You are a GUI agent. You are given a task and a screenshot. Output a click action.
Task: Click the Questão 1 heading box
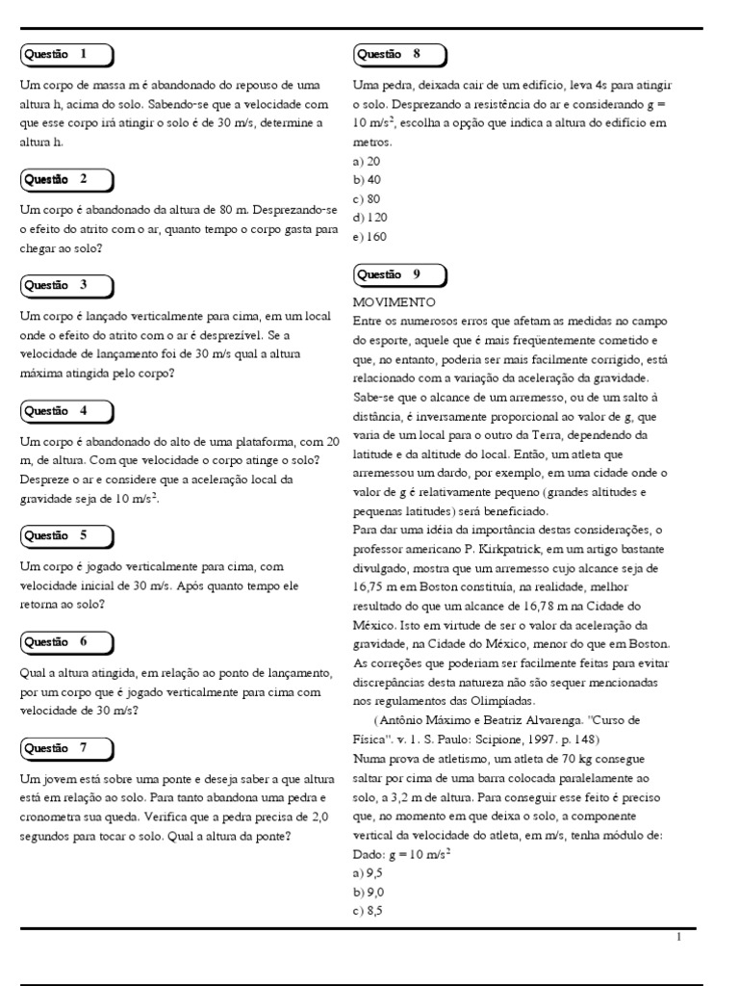coord(65,54)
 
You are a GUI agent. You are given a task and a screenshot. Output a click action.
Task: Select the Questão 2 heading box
coord(65,179)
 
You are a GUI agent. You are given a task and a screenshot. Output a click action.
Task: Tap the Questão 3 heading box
coord(65,285)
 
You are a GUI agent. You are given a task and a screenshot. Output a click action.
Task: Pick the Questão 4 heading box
coord(65,411)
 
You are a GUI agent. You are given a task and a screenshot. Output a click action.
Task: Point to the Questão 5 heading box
coord(65,535)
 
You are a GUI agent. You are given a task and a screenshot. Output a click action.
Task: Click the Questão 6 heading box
coord(65,641)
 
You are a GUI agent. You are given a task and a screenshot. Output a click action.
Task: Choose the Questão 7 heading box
coord(65,747)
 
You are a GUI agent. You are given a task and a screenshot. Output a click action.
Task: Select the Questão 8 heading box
coord(398,54)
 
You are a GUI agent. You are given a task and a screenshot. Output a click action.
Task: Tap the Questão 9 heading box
coord(398,274)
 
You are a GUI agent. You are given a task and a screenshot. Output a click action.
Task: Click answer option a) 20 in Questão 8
coord(368,161)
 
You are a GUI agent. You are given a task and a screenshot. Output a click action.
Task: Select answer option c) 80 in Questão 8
coord(368,198)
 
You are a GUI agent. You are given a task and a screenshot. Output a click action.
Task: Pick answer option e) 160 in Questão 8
coord(370,236)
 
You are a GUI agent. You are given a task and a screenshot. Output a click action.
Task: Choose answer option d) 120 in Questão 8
coord(370,218)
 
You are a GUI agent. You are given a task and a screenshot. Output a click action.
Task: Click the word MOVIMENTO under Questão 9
coord(395,301)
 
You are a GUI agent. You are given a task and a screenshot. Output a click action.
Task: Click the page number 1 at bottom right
coord(679,937)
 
